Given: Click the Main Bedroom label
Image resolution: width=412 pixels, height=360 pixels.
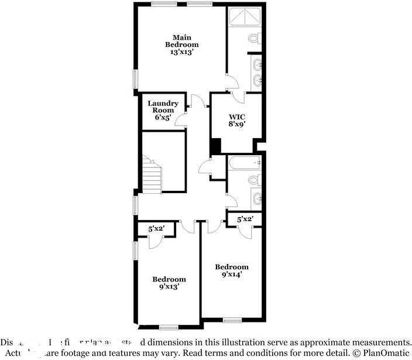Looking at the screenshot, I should [181, 41].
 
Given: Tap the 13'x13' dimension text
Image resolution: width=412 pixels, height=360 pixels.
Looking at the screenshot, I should [181, 52].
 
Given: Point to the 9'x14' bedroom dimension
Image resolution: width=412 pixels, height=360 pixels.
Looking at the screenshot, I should [231, 273].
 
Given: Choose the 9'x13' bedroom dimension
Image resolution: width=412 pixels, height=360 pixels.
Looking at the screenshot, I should [169, 286].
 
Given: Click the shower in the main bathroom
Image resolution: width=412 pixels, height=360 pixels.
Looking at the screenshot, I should [245, 18].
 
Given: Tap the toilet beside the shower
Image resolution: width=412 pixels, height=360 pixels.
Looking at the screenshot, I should [254, 38].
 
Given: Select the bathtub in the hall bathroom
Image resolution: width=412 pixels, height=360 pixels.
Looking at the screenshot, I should [243, 163].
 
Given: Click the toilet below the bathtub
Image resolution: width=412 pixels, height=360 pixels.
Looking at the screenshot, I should [255, 179].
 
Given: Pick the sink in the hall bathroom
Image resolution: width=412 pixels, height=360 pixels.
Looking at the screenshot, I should [257, 198].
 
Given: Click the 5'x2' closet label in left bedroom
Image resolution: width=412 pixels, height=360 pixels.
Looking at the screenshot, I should [156, 229].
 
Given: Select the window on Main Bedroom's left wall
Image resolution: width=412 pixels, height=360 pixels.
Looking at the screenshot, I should [135, 78].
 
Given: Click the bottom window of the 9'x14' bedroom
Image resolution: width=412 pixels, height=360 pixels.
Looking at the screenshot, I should [232, 320].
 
